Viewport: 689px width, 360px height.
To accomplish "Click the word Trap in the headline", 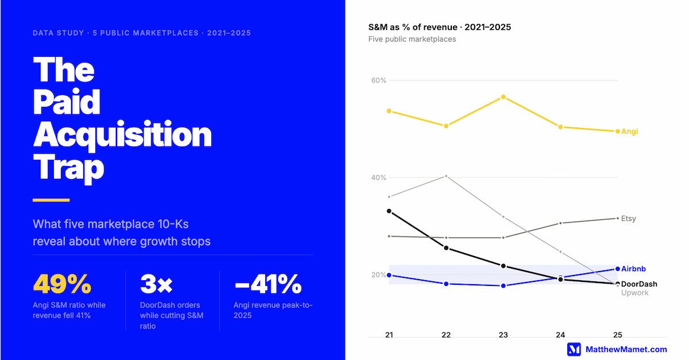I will pos(68,168).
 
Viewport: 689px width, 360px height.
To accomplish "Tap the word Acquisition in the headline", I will pos(122,136).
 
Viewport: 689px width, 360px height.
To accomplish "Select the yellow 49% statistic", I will pos(62,284).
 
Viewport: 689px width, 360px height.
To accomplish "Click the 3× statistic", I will pos(156,284).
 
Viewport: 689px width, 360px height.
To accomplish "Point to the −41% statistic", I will pos(268,284).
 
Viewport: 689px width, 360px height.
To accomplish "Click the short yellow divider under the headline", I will pos(51,200).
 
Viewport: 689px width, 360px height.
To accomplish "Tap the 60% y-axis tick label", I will pos(378,80).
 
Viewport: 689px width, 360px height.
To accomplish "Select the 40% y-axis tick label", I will pos(378,177).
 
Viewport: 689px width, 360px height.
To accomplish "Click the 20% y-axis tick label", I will pos(378,274).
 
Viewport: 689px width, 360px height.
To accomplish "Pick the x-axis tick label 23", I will pos(504,335).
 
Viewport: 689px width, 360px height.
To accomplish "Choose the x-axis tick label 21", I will pos(389,335).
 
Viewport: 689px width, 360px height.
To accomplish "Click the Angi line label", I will pos(629,131).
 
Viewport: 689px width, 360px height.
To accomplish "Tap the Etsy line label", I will pos(629,219).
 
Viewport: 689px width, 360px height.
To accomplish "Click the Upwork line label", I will pos(634,293).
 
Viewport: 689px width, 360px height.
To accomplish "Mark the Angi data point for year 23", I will pos(504,97).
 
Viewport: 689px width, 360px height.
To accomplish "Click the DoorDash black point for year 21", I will pos(389,211).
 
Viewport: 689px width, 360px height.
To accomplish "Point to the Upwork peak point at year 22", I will pos(446,176).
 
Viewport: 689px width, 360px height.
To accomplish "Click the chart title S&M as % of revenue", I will pos(439,27).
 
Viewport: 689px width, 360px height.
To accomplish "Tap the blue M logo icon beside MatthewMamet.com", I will pos(574,349).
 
